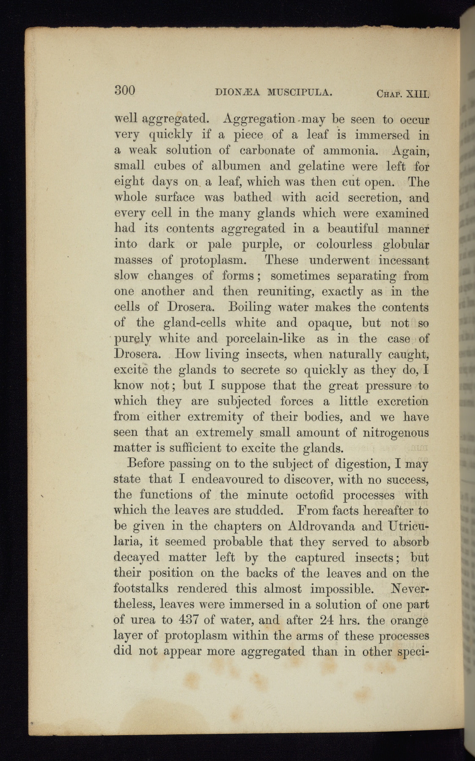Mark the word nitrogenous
coord(396,433)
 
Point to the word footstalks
coord(141,589)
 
